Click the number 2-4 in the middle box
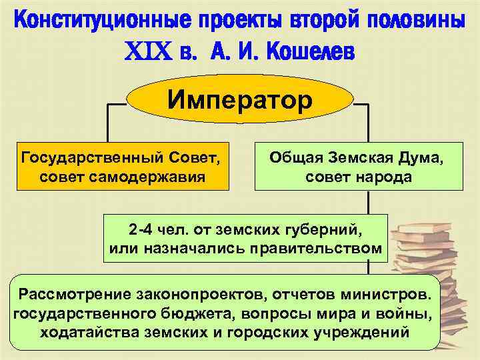(x=142, y=231)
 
